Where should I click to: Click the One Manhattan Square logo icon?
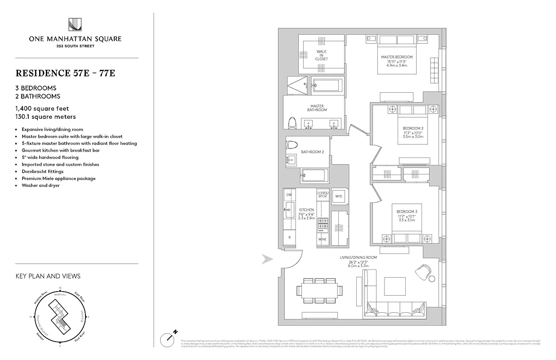pyautogui.click(x=75, y=25)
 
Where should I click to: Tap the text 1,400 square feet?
pyautogui.click(x=42, y=108)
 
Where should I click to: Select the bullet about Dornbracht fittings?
pyautogui.click(x=43, y=171)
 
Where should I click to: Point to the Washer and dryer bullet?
pyautogui.click(x=40, y=185)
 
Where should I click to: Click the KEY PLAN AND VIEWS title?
pyautogui.click(x=48, y=276)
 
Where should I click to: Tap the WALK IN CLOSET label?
pyautogui.click(x=321, y=55)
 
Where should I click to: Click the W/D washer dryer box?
pyautogui.click(x=339, y=196)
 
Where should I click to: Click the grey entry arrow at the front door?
pyautogui.click(x=268, y=259)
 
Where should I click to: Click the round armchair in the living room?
pyautogui.click(x=423, y=271)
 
